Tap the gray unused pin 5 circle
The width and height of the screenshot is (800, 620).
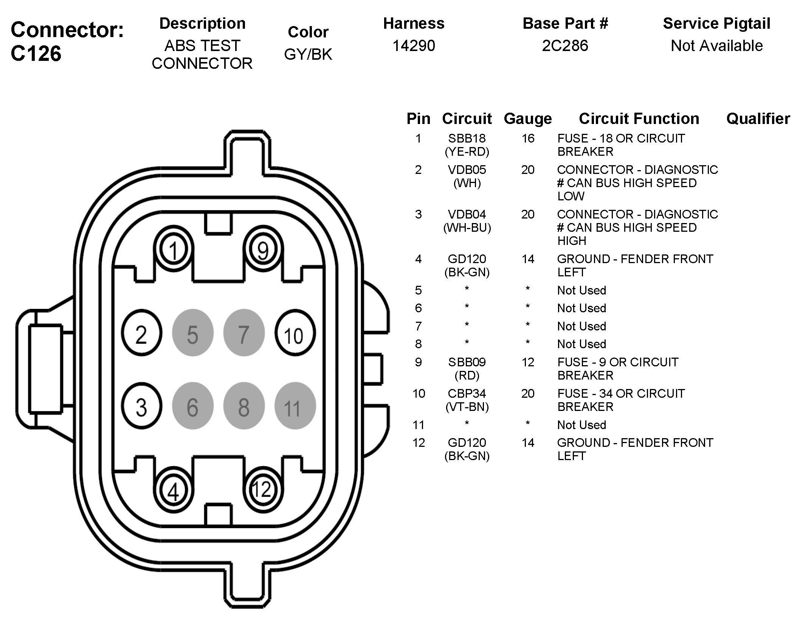point(193,333)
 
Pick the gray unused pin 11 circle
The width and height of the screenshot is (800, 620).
point(295,406)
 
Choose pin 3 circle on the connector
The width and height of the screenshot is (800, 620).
point(142,406)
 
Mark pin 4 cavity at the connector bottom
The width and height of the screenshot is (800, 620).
point(174,491)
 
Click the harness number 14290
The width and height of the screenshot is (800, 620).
point(414,46)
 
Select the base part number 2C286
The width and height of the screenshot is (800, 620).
point(565,46)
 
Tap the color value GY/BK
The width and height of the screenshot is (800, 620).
point(308,54)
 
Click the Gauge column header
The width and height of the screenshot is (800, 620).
point(528,119)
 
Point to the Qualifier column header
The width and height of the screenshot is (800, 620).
point(758,119)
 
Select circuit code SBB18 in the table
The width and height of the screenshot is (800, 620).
point(467,138)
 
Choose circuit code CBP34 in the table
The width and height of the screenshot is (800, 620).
point(467,394)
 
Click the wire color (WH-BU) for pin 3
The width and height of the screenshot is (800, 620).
point(467,228)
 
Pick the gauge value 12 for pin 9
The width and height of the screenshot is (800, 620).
point(528,362)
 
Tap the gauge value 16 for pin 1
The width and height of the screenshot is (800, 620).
point(528,138)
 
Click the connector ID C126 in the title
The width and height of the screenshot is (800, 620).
point(36,54)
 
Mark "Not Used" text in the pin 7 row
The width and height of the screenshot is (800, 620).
point(581,326)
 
